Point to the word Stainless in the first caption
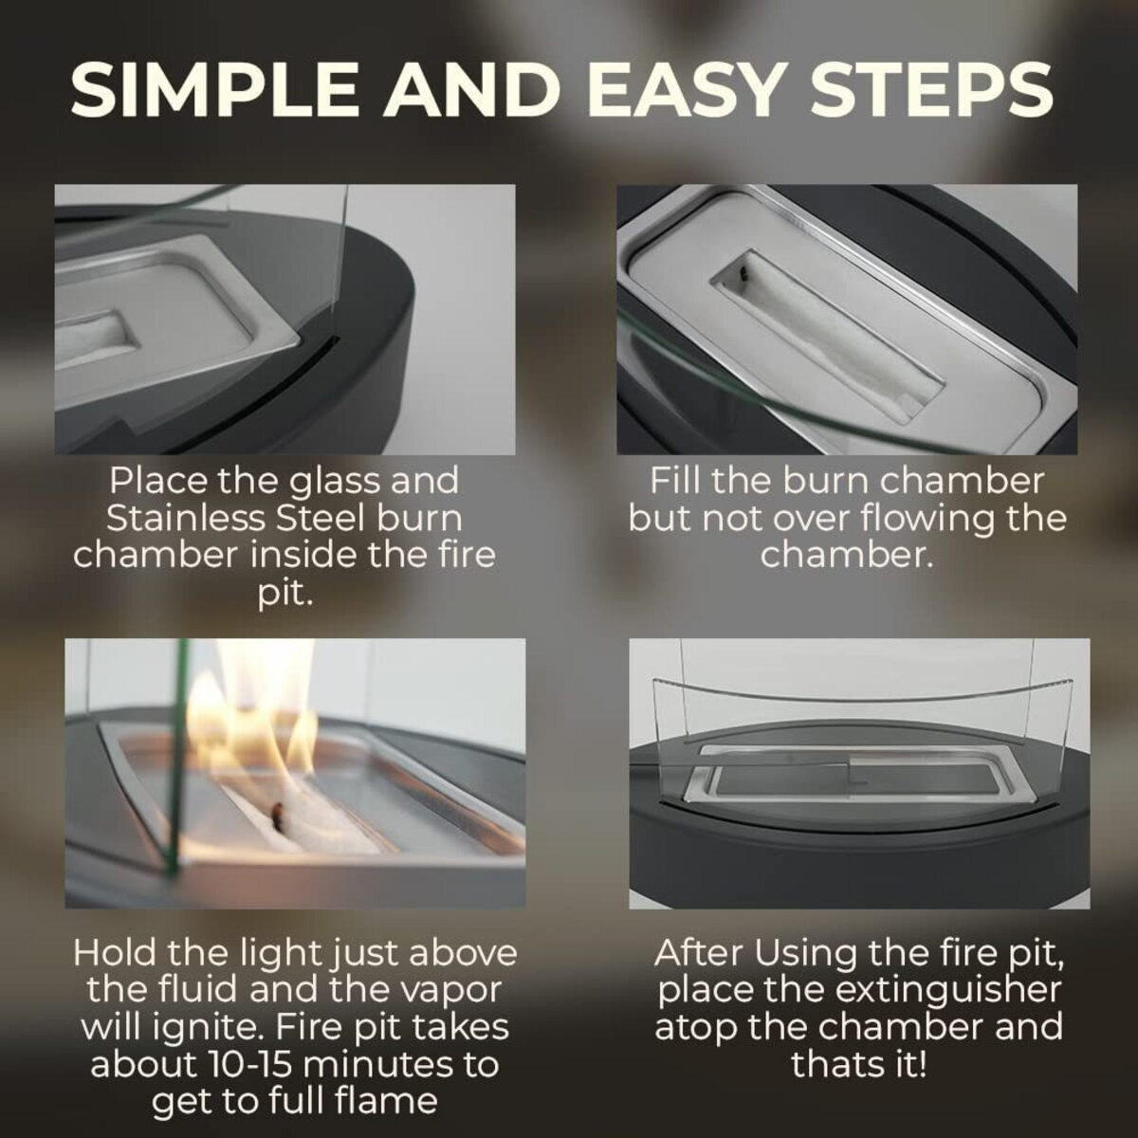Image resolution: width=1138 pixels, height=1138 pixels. tap(186, 519)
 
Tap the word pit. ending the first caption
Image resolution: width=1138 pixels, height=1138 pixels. tap(284, 596)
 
